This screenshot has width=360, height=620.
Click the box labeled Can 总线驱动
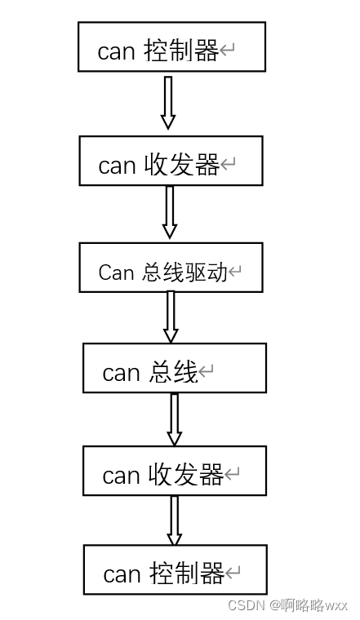[x=171, y=267]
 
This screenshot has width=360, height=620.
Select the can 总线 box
[x=174, y=368]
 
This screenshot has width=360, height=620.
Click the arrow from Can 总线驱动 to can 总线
[x=171, y=317]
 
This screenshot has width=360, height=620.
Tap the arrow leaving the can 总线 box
[x=174, y=418]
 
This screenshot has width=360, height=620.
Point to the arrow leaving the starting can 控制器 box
[x=168, y=103]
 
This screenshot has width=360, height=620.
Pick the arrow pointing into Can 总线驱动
[x=170, y=212]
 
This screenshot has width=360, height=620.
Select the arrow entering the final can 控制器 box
[x=174, y=520]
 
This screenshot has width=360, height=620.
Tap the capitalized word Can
[x=115, y=272]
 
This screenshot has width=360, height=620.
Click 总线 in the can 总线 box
[x=173, y=373]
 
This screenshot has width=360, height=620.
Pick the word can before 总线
[x=121, y=374]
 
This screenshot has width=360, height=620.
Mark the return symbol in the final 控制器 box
[x=233, y=574]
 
